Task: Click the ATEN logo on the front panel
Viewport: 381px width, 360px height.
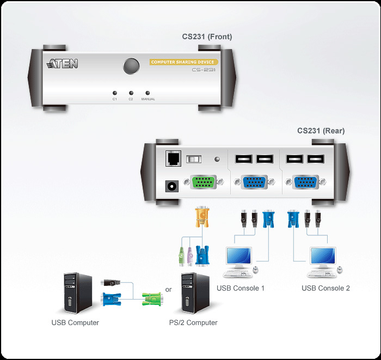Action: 63,64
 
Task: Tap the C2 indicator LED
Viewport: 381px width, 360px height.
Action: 131,93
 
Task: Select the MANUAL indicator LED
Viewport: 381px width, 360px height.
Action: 148,93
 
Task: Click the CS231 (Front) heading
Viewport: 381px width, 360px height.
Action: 207,37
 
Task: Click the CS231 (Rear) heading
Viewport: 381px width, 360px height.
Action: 321,131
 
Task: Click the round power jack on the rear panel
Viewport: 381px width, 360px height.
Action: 172,186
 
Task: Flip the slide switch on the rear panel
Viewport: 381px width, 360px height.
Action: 194,159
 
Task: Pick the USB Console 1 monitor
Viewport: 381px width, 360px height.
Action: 238,257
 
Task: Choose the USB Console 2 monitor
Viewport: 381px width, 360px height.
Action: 322,257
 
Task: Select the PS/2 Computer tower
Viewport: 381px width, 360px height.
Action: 195,294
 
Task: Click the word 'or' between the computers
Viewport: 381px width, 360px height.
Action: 168,290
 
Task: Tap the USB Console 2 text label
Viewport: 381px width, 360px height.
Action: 325,288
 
